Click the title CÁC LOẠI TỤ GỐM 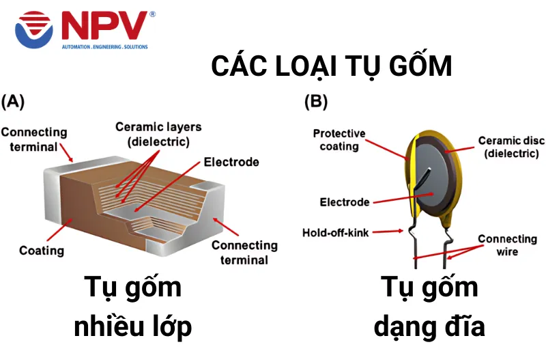tap(332, 66)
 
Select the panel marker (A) tap(13, 102)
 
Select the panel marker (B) tap(315, 102)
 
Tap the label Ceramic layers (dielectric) tap(158, 135)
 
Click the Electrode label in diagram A tap(231, 163)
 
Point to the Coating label tap(41, 251)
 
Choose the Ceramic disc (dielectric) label tap(502, 147)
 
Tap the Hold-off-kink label tap(335, 233)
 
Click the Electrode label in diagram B tap(345, 202)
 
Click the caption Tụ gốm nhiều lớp tap(133, 307)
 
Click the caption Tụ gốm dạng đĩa tap(429, 307)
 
